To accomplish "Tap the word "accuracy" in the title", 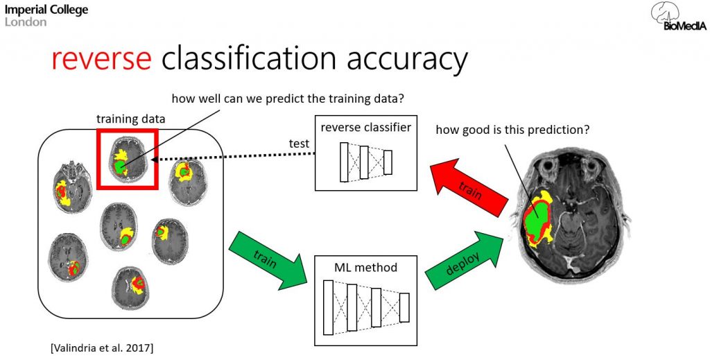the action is click(x=406, y=60).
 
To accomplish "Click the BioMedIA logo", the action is click(x=678, y=16).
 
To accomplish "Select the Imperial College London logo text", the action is click(x=46, y=15).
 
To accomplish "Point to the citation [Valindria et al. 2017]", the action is click(x=102, y=348).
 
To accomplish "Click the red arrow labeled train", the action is click(x=469, y=189).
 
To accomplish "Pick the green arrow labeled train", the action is click(x=268, y=259).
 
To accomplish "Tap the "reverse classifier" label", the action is click(x=365, y=127).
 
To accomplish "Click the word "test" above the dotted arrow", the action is click(x=300, y=144).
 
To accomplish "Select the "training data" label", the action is click(x=131, y=119).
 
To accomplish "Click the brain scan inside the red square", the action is click(x=128, y=160).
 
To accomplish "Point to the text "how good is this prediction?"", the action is click(x=512, y=130).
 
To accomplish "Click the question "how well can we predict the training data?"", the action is click(x=287, y=98).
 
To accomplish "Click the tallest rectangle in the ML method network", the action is click(x=328, y=307).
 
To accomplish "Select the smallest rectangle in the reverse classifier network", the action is click(x=388, y=162).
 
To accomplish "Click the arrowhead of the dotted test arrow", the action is click(x=155, y=160).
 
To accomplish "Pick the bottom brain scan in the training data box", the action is click(x=131, y=288).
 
